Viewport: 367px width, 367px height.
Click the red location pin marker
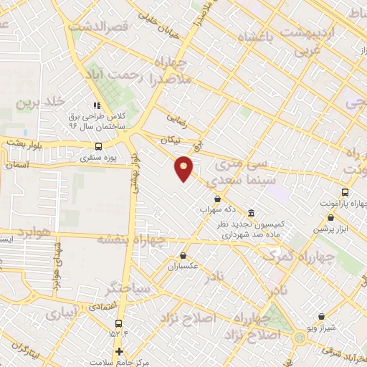coord(185,168)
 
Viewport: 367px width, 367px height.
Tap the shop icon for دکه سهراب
coord(217,199)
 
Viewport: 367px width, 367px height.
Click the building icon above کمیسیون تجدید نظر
coord(250,214)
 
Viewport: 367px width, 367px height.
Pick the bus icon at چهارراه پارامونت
coord(345,192)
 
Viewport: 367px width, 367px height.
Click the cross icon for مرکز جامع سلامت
coord(120,351)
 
